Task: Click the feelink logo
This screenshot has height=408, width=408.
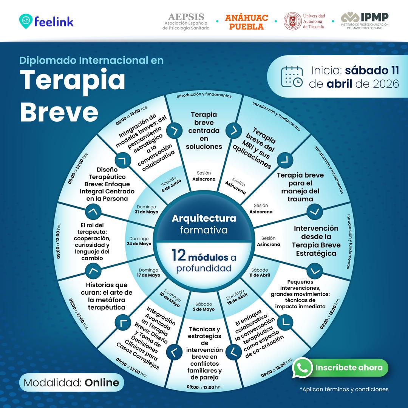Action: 46,21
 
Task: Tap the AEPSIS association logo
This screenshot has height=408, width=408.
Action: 186,21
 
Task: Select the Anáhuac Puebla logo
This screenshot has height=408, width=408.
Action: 246,22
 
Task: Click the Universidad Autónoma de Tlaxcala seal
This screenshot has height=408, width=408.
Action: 292,21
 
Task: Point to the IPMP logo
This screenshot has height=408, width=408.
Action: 365,21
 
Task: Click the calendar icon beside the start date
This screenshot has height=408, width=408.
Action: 292,76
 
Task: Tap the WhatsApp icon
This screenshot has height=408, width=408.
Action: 302,368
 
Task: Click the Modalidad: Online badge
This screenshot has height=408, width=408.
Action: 71,382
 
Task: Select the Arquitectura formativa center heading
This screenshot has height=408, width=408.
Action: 204,224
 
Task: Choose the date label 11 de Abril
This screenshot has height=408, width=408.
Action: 260,275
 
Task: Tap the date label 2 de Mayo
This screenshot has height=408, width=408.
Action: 204,309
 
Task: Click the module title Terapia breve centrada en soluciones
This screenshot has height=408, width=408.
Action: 204,130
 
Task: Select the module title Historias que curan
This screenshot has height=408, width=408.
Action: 107,296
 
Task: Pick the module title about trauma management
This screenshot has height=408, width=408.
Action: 300,187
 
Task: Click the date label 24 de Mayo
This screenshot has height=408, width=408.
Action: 139,244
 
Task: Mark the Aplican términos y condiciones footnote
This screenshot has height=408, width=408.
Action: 344,389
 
